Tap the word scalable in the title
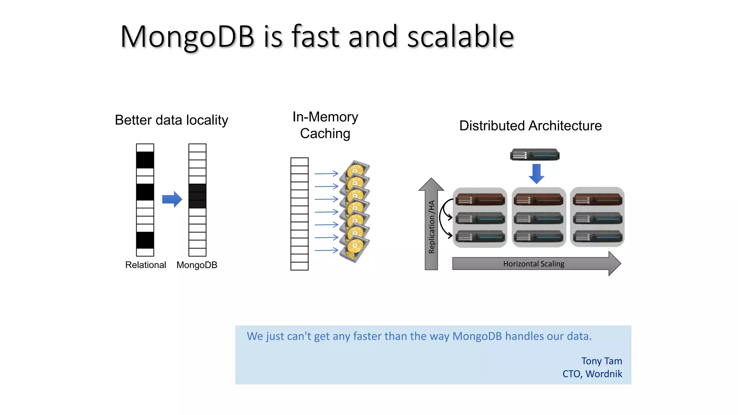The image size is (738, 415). coord(460,37)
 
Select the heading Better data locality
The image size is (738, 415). coord(172,120)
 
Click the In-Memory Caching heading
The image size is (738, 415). coord(325,125)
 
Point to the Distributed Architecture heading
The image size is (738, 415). coord(530,126)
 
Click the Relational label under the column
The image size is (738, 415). coord(146,265)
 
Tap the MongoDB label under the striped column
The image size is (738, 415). coord(197,265)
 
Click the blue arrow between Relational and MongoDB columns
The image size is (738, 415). coord(172,199)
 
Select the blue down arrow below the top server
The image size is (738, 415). coord(536,173)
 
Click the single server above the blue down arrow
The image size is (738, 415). coord(535,155)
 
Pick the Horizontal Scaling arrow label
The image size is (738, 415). coord(534,264)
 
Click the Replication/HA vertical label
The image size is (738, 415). coord(431,227)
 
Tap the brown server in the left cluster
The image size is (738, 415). coord(480,199)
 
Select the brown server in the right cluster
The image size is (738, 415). coord(597,199)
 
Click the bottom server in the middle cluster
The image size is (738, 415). coord(538,237)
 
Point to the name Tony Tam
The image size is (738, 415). coord(601,361)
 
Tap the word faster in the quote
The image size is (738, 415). coord(367,336)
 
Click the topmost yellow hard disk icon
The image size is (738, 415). coord(357,169)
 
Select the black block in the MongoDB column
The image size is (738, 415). coord(197,196)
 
